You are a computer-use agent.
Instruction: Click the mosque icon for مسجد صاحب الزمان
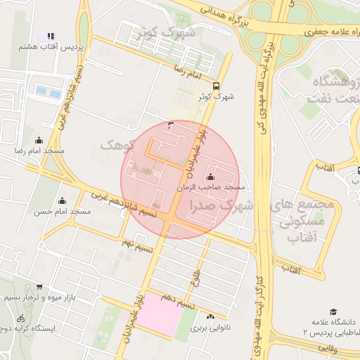[211, 176]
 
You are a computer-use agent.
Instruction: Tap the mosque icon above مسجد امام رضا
[39, 140]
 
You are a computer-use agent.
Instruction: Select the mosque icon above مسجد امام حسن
[62, 200]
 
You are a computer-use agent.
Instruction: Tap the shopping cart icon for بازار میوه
[39, 286]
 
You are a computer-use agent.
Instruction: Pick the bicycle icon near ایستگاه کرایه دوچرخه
[20, 319]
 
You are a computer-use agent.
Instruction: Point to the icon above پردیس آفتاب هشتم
[51, 36]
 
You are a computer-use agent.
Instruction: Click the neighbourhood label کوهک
[117, 146]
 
